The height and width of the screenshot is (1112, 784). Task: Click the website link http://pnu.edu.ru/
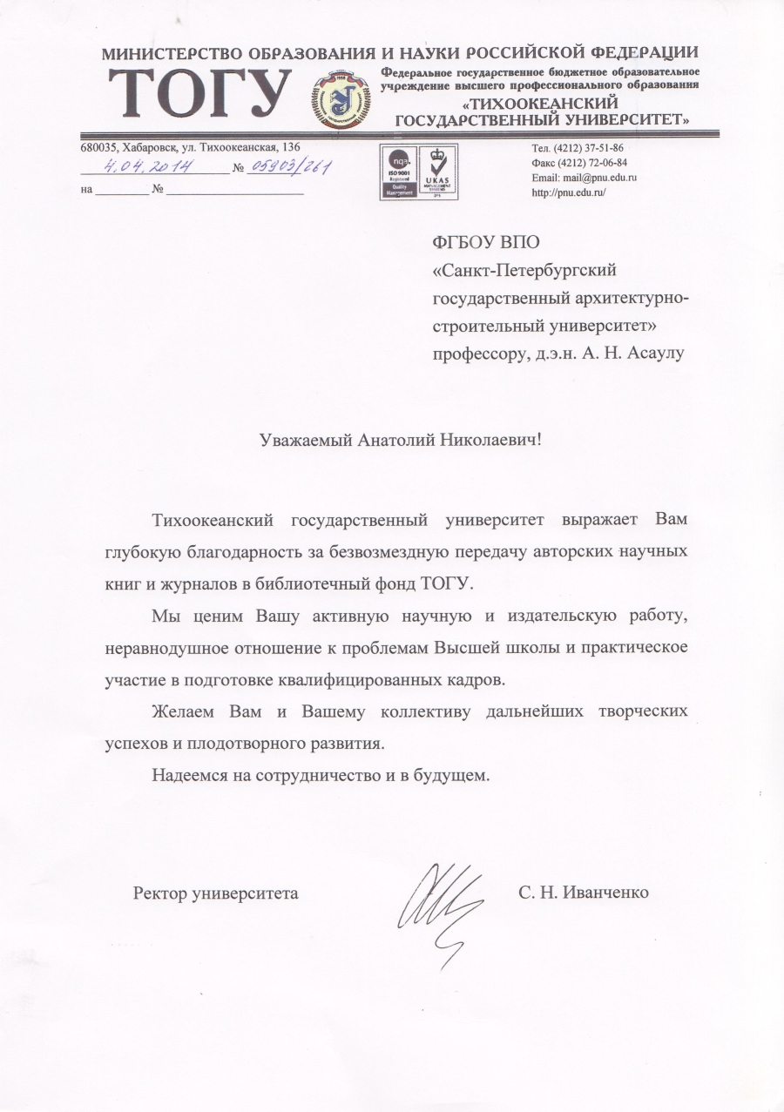[568, 192]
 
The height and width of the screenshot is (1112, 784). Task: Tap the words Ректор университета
[215, 893]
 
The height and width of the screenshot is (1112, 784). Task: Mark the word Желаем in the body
[184, 711]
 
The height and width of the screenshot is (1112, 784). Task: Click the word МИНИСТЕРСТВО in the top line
[166, 54]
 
